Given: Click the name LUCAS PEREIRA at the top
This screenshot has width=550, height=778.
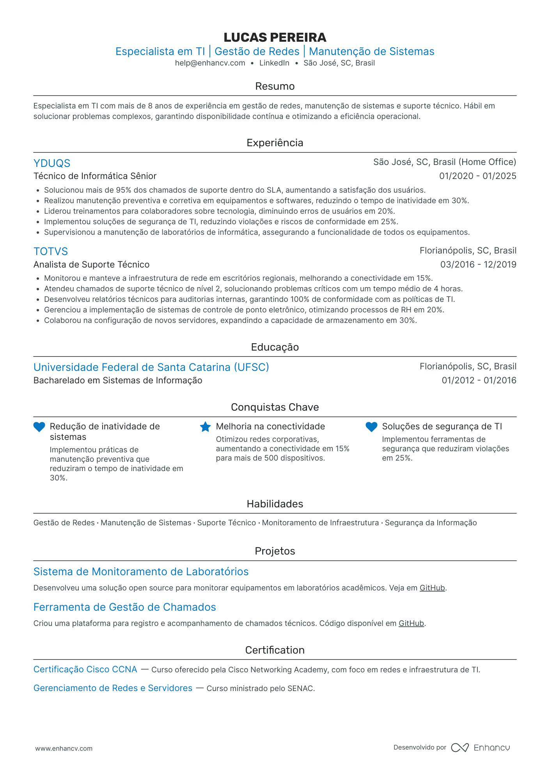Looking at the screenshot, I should [x=275, y=37].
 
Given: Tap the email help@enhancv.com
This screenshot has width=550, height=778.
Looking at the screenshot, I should [x=210, y=63].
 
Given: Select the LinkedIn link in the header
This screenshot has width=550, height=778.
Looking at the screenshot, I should [x=274, y=63].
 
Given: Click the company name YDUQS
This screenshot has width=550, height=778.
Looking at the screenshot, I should [x=52, y=163].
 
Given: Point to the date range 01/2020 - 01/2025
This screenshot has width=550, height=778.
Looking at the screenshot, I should [x=477, y=176].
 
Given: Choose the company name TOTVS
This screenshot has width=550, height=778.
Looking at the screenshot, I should [x=51, y=252].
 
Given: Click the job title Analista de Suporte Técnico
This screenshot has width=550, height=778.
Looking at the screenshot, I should [x=92, y=265].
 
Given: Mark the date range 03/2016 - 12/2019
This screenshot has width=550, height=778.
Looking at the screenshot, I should [x=478, y=265].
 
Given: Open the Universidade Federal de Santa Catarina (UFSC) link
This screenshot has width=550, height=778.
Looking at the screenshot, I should [x=151, y=367].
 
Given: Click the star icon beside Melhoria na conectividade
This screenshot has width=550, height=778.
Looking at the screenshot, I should [x=205, y=427].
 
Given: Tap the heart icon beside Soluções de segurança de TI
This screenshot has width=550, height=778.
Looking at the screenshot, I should [x=371, y=427].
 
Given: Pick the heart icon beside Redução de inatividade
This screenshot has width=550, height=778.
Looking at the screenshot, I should [x=39, y=427].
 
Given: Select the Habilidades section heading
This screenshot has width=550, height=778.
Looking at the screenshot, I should [x=275, y=504].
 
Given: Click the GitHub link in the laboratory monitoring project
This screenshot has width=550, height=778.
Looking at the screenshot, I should [x=432, y=588].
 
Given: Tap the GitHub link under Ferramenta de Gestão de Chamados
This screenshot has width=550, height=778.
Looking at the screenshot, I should [x=411, y=624].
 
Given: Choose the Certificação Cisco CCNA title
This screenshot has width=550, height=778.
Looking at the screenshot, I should [x=85, y=670].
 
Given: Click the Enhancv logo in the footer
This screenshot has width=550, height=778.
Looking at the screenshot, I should [x=481, y=748].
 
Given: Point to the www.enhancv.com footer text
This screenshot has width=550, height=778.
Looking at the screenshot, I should [x=64, y=748].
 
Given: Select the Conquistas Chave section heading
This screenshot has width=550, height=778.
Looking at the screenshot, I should [x=275, y=407].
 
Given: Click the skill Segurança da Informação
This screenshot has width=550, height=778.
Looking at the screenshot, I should [x=431, y=523].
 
